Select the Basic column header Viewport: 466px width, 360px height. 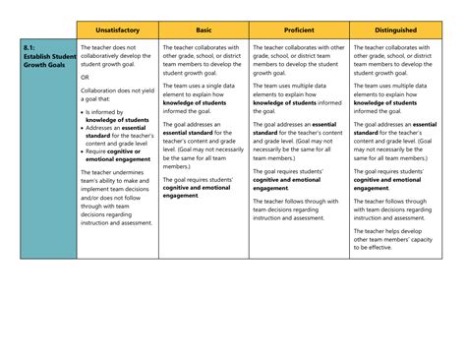(204, 30)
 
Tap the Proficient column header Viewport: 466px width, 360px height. (299, 30)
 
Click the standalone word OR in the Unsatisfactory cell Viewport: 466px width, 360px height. (85, 76)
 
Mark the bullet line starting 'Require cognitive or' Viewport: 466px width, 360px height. (117, 150)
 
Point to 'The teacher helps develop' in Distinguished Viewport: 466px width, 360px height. (390, 231)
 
